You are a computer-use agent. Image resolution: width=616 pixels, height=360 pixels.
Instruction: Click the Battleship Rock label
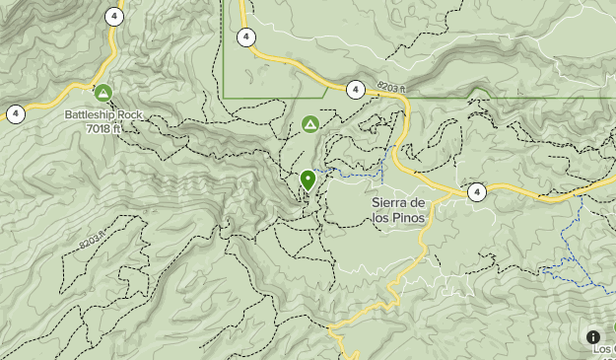coord(103,114)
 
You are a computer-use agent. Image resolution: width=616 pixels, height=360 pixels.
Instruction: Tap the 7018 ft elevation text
coord(103,127)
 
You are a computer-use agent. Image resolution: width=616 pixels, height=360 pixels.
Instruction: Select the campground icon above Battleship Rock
coord(103,93)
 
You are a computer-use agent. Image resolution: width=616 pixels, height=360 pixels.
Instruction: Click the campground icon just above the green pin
coord(310,124)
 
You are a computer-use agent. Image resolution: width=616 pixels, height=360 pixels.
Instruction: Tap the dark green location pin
coord(308,180)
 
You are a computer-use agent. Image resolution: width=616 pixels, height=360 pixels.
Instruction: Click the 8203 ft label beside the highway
coord(390,89)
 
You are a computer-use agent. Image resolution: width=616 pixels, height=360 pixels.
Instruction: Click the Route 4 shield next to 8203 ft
coord(355,89)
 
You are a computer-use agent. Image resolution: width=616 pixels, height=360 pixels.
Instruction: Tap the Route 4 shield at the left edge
coord(16,113)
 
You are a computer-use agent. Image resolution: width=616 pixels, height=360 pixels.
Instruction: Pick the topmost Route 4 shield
coord(116,17)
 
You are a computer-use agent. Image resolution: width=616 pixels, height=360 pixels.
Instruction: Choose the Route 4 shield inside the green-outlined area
coord(245,36)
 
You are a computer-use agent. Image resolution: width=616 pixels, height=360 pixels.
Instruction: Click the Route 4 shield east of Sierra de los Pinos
coord(477,192)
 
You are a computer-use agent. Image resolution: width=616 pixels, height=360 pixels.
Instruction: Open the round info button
coord(593,337)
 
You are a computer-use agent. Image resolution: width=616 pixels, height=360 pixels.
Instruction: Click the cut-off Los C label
coord(603,350)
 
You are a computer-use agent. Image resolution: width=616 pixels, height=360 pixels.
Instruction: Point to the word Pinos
coord(408,218)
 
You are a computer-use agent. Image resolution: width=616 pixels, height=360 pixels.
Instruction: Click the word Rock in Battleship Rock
coord(129,114)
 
